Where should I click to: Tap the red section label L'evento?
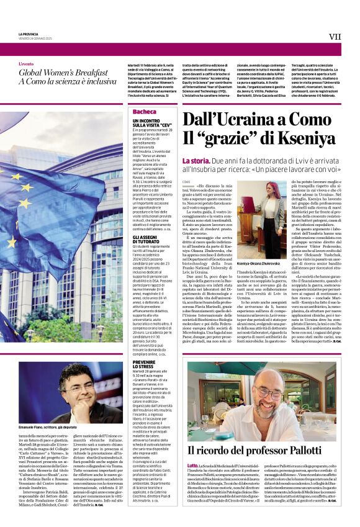click(26, 64)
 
